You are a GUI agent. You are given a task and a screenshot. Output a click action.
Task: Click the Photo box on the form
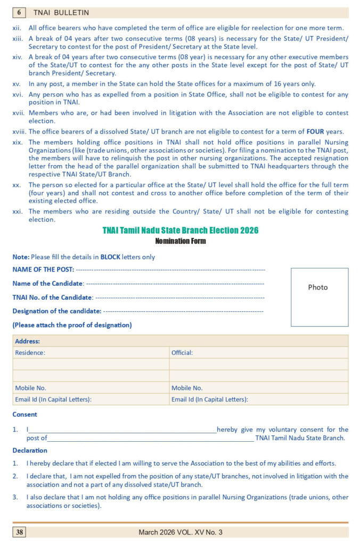[x=319, y=296]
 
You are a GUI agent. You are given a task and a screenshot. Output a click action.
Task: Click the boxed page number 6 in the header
[x=19, y=12]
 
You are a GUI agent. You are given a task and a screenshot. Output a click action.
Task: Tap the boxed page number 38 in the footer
[x=19, y=532]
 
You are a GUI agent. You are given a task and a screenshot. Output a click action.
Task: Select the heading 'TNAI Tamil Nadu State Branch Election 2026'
[x=180, y=230]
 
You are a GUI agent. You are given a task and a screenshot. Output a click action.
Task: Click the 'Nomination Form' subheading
[x=180, y=241]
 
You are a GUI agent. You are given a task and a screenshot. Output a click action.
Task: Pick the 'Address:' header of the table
[x=28, y=341]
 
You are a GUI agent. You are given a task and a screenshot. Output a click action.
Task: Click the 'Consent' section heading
[x=25, y=414]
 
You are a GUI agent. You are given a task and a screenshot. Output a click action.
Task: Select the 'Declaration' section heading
[x=30, y=450]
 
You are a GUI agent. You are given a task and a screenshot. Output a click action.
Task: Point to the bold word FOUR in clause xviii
[x=315, y=131]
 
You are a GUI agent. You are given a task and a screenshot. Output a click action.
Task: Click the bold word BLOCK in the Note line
[x=110, y=257]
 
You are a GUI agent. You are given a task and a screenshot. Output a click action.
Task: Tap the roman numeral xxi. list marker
[x=18, y=211]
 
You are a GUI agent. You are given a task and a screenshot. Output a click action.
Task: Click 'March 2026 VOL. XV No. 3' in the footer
[x=181, y=532]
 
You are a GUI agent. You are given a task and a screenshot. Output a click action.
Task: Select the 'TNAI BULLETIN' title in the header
[x=61, y=12]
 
